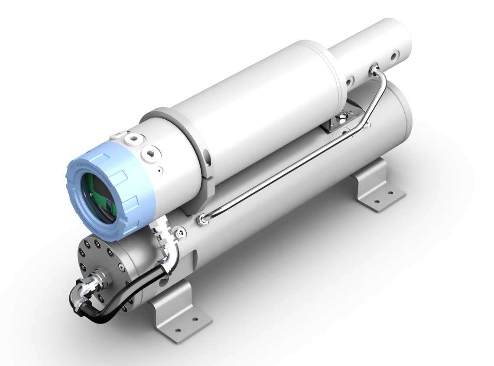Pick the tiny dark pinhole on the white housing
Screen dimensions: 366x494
(160, 170)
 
